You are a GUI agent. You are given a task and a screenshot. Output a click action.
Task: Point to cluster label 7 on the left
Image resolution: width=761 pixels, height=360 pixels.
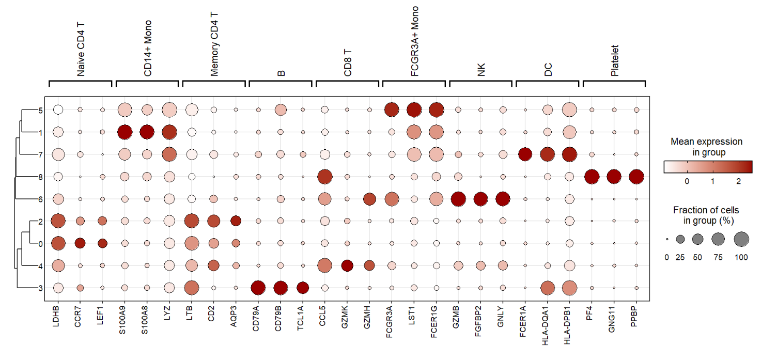point(40,154)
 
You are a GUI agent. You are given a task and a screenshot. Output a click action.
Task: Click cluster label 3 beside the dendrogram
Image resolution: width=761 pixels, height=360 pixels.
point(40,288)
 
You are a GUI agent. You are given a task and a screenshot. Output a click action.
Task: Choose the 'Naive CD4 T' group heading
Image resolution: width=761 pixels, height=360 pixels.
point(81,49)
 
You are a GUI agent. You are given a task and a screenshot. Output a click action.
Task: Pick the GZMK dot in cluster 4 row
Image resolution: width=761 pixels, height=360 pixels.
point(347,265)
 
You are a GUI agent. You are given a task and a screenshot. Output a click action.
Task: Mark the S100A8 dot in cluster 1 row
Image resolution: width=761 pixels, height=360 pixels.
point(147,132)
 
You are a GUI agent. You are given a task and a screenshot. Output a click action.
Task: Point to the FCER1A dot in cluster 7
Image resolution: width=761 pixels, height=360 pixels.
point(525,154)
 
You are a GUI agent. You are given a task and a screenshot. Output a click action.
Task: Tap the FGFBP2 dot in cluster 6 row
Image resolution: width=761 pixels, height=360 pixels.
point(480,199)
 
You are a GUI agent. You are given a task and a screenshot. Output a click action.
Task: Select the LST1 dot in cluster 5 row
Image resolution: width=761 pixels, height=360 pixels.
point(414,109)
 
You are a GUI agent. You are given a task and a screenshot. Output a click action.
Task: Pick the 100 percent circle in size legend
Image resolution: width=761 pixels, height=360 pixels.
point(740,239)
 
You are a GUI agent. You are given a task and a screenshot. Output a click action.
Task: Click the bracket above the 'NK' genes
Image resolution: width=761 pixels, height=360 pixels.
point(480,81)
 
